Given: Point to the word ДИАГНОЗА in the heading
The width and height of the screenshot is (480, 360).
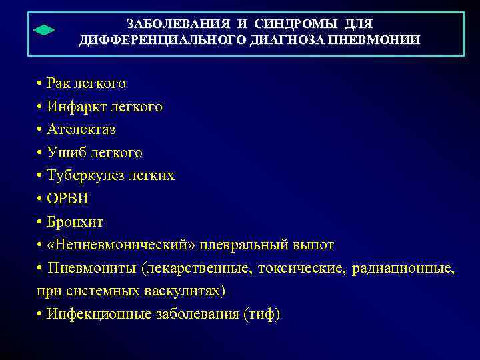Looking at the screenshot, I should click(x=289, y=41).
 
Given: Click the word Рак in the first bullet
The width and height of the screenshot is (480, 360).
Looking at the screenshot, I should click(x=59, y=84).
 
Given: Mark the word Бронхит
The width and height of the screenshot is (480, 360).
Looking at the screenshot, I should click(x=75, y=221).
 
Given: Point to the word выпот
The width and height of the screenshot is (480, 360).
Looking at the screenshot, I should click(x=313, y=245).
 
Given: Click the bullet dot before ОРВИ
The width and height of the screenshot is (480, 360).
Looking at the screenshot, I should click(x=41, y=199).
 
